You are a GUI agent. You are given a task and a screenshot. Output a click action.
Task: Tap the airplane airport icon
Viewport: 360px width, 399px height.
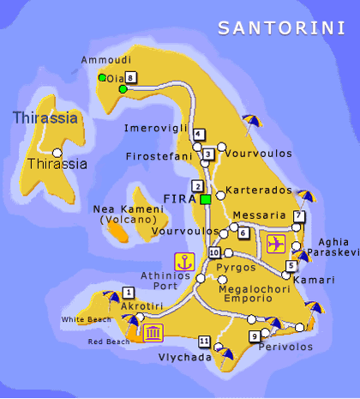(x=277, y=243)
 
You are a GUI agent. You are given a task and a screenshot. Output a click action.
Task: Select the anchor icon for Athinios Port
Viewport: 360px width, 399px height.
(x=183, y=262)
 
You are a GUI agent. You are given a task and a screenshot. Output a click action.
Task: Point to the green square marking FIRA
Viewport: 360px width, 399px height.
(x=206, y=199)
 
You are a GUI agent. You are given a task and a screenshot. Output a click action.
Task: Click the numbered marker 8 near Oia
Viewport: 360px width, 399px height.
(x=130, y=78)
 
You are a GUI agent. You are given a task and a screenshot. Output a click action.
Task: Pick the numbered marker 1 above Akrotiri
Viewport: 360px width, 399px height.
(x=128, y=292)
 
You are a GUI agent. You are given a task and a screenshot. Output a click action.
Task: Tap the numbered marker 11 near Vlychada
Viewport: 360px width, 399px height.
(x=203, y=341)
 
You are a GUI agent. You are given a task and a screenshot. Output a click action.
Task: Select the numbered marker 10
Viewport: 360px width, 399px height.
(x=214, y=252)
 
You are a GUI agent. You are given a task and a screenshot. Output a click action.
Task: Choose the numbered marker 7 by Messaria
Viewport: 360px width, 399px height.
(x=298, y=215)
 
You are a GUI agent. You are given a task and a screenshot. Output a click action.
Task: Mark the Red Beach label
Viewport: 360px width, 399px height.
(x=109, y=342)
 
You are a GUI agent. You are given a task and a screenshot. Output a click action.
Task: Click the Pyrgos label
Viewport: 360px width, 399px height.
(x=237, y=268)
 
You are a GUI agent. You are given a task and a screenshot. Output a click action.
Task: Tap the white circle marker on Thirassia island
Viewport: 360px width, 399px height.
(x=57, y=151)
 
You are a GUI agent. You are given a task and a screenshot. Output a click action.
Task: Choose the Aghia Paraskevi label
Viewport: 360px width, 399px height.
(x=333, y=247)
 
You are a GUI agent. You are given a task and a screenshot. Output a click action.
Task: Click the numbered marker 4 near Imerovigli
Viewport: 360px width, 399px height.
(x=199, y=134)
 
